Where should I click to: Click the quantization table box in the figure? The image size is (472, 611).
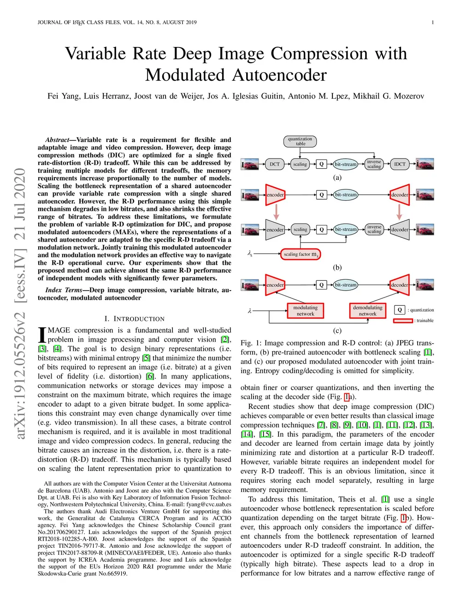coord(300,141)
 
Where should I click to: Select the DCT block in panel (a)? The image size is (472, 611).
coord(275,164)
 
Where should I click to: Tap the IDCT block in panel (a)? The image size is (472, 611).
coord(400,164)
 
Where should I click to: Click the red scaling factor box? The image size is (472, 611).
coord(301,254)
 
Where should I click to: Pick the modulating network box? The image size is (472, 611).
coord(306,311)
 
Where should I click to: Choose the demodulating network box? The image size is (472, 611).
coord(368,311)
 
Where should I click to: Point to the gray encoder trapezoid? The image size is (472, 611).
coord(275,230)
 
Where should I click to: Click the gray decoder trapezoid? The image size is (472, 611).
coord(400,230)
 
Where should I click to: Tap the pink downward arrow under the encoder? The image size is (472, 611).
coord(276,212)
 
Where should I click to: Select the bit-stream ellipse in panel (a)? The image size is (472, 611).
coord(346,164)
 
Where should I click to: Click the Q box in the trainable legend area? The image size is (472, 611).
coord(400,310)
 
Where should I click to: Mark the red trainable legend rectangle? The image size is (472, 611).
coord(403,320)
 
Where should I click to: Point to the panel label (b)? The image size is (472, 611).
coord(337,267)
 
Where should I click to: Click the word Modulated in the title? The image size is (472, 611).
coord(186,75)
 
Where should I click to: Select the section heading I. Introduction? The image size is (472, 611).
coord(134,319)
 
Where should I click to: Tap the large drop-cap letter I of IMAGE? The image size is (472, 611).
coord(42,335)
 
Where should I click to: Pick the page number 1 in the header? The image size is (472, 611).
coord(433,22)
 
